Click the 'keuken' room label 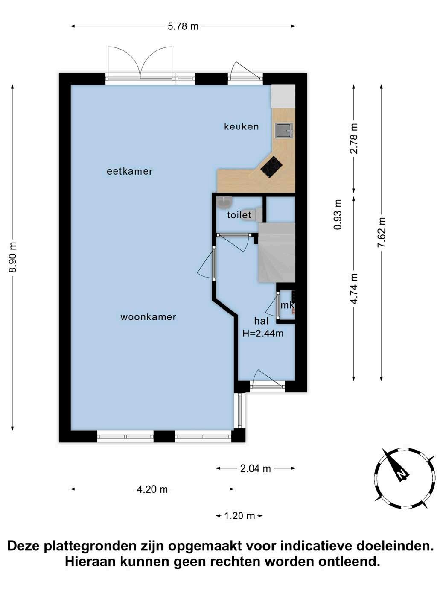point(241,126)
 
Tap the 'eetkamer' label point(130,171)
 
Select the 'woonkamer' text point(148,316)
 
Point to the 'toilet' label point(239,215)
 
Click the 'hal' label point(261,321)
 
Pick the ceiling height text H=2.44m point(263,334)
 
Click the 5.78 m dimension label point(183,26)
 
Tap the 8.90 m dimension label point(13,257)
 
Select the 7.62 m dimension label point(382,232)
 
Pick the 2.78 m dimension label point(354,138)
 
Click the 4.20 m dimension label point(152,489)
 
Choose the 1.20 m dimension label point(239,516)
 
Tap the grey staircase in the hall point(277,252)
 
